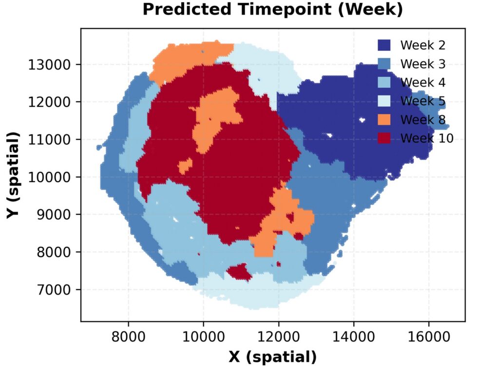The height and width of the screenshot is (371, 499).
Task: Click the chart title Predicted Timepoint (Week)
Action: click(272, 10)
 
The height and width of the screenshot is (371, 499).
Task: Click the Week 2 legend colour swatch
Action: click(385, 46)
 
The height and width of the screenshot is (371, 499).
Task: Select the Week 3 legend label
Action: click(422, 64)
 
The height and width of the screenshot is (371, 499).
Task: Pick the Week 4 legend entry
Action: click(412, 83)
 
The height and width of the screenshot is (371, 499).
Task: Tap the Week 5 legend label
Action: click(422, 101)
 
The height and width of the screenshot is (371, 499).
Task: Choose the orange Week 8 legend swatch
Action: click(385, 120)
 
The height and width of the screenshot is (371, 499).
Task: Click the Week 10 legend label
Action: click(426, 139)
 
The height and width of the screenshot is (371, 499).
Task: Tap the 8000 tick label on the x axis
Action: click(128, 336)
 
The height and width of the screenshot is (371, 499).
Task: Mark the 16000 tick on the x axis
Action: click(428, 336)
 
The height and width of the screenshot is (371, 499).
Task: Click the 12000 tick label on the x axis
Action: click(278, 336)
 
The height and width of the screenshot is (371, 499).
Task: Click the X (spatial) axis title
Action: click(272, 358)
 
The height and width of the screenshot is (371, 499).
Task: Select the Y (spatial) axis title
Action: click(13, 174)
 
